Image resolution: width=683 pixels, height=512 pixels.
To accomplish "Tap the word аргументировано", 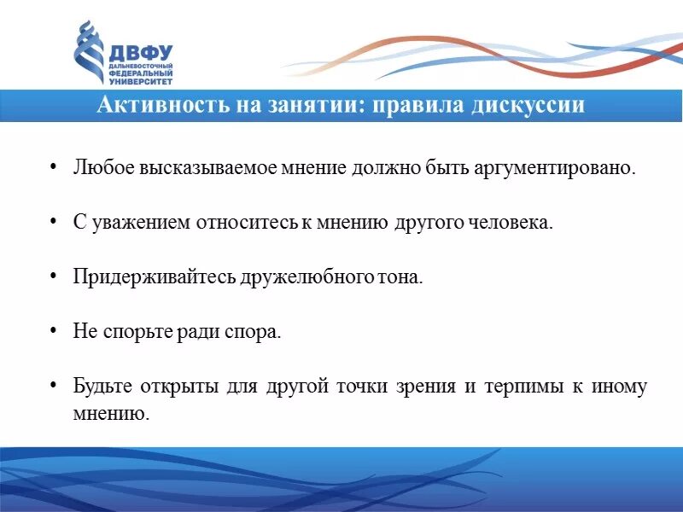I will click(x=559, y=167).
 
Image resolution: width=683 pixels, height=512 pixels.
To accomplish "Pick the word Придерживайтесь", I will click(x=143, y=277).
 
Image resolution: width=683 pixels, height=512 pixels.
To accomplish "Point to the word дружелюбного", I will click(x=287, y=277).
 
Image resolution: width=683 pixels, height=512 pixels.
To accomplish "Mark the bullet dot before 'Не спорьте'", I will click(x=53, y=332).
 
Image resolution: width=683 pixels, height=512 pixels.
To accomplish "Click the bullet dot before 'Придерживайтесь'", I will click(x=53, y=277).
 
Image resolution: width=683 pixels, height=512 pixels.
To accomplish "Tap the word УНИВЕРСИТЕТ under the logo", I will click(x=140, y=81).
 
